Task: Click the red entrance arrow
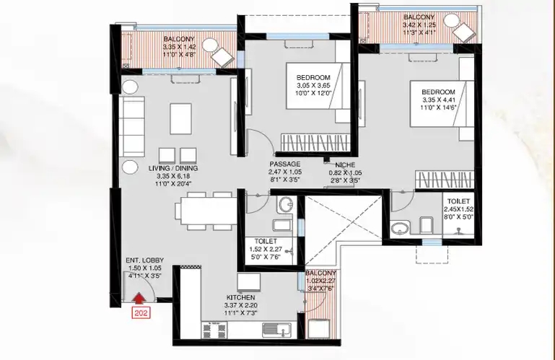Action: pos(139,298)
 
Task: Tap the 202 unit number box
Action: pos(141,313)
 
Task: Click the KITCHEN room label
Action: pos(240,298)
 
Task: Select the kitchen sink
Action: pos(277,330)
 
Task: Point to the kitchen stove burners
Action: pos(214,330)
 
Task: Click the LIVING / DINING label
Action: pos(173,169)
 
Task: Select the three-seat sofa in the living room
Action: pos(131,126)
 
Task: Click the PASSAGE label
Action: pos(285,164)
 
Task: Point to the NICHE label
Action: pos(345,165)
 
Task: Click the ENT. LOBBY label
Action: pos(145,260)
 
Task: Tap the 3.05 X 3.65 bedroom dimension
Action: pos(313,85)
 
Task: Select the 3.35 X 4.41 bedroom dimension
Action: pos(439,100)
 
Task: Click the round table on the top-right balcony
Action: pos(451,21)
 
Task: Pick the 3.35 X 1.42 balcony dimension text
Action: pos(179,47)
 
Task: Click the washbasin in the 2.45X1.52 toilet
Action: pos(400,227)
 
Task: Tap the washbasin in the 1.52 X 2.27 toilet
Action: pos(285,205)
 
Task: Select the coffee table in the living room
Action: pos(180,118)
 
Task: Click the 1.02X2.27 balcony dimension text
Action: pos(320,281)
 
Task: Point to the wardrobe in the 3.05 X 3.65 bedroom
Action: pos(315,143)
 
